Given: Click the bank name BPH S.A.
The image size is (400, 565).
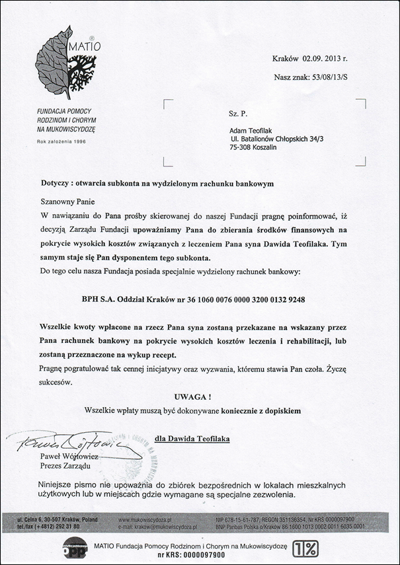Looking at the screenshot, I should (97, 299).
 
